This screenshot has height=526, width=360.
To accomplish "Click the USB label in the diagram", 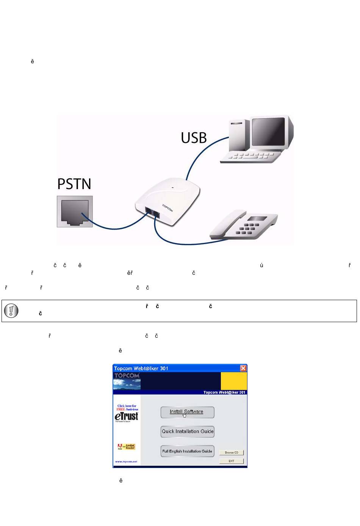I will tap(194, 138).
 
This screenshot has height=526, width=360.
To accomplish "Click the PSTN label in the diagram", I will tap(74, 184).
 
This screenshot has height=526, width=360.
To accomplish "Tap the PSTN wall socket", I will tap(75, 211).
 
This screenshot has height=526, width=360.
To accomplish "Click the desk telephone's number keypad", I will tap(249, 229).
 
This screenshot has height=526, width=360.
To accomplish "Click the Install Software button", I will tap(187, 412).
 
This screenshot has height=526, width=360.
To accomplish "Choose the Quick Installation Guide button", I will tap(187, 432).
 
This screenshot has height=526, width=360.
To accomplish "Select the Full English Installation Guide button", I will tap(187, 451).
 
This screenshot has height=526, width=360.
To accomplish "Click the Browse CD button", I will tap(231, 452).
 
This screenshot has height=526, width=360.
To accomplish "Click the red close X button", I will tap(243, 368).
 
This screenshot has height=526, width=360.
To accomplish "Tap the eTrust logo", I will tap(127, 416).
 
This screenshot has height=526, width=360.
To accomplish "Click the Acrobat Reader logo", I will tap(127, 447).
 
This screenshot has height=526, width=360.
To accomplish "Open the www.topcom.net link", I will tap(126, 462).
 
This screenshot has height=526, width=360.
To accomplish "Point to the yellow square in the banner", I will tap(234, 381).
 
